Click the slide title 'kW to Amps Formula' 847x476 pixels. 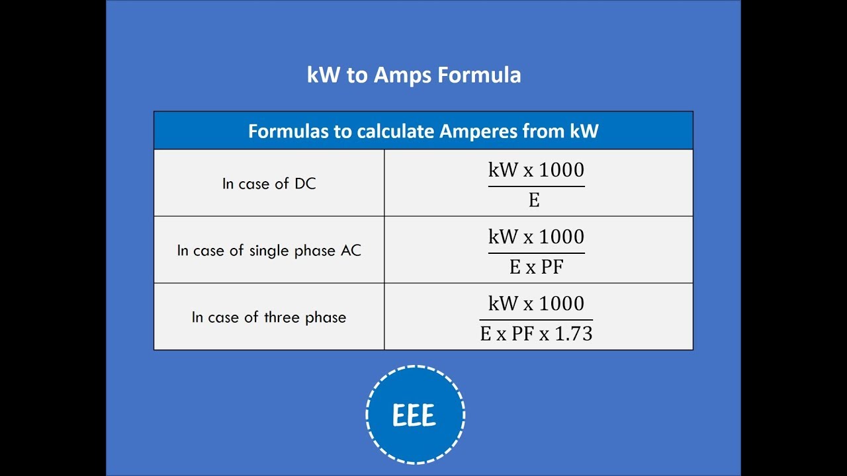click(x=414, y=75)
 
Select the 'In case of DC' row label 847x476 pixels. click(x=269, y=184)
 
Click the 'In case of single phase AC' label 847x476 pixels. click(x=269, y=251)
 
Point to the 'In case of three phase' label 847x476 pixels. click(x=269, y=317)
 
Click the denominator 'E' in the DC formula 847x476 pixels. click(x=534, y=200)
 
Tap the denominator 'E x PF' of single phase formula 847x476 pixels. click(x=536, y=267)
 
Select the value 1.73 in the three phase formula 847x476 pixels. click(x=573, y=334)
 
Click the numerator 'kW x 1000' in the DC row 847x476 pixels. click(x=536, y=170)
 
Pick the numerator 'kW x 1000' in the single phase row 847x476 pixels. click(x=536, y=237)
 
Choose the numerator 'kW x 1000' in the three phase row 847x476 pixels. click(x=536, y=303)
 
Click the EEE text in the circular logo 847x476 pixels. click(x=414, y=416)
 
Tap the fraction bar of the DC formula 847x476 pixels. click(x=536, y=186)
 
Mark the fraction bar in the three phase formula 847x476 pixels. click(x=536, y=319)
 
